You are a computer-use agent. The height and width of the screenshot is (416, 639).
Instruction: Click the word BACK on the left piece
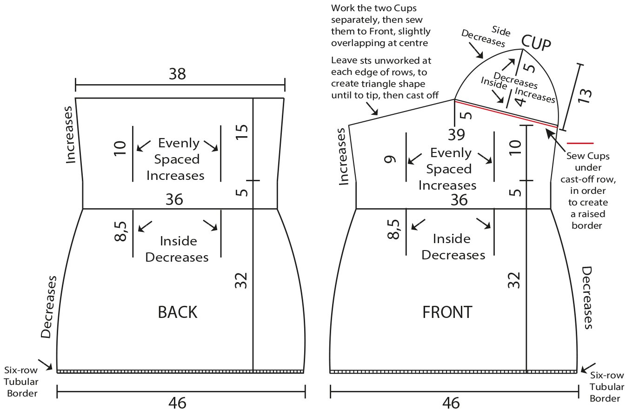177,312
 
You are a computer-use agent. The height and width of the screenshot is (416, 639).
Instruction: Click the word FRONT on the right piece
447,312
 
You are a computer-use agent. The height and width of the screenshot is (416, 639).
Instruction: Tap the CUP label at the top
536,43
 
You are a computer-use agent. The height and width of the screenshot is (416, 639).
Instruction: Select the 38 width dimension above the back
177,74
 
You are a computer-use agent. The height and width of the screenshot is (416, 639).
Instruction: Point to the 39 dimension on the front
456,134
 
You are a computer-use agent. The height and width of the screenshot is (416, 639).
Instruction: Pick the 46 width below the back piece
177,402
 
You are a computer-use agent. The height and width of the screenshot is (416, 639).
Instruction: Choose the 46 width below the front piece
451,402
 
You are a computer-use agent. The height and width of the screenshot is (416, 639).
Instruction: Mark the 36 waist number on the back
174,199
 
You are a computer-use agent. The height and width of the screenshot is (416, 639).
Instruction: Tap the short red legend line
580,143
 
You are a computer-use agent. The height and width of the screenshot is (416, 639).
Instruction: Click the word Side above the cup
500,32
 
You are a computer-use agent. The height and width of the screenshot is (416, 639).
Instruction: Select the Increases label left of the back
70,135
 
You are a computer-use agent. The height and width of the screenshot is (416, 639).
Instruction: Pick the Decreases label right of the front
588,297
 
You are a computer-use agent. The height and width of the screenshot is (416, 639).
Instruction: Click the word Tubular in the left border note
21,382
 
